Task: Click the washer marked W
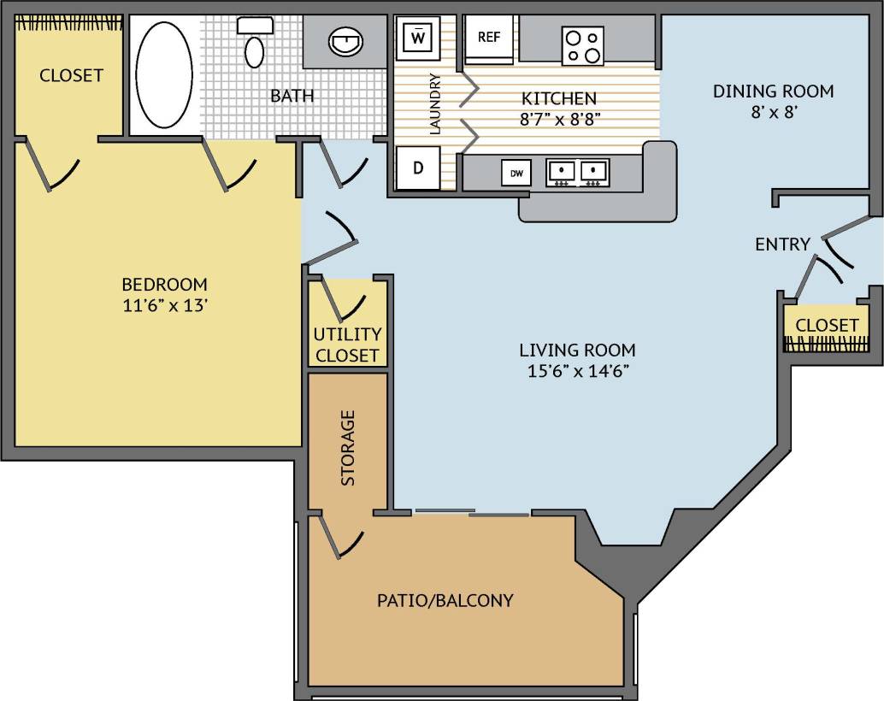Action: (418, 38)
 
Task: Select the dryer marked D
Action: (418, 168)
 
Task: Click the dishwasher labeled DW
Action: (516, 174)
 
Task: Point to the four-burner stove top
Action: (582, 46)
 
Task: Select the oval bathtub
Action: (165, 74)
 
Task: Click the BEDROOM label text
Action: (164, 284)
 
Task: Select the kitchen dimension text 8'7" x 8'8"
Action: (559, 119)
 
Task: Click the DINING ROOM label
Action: (773, 91)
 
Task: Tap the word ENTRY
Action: (782, 244)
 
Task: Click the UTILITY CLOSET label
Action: (346, 345)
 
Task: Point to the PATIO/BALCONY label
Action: (445, 600)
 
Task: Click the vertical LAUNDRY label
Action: (434, 104)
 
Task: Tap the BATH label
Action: (292, 95)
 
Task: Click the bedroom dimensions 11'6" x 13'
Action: (164, 305)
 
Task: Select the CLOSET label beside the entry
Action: (827, 326)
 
